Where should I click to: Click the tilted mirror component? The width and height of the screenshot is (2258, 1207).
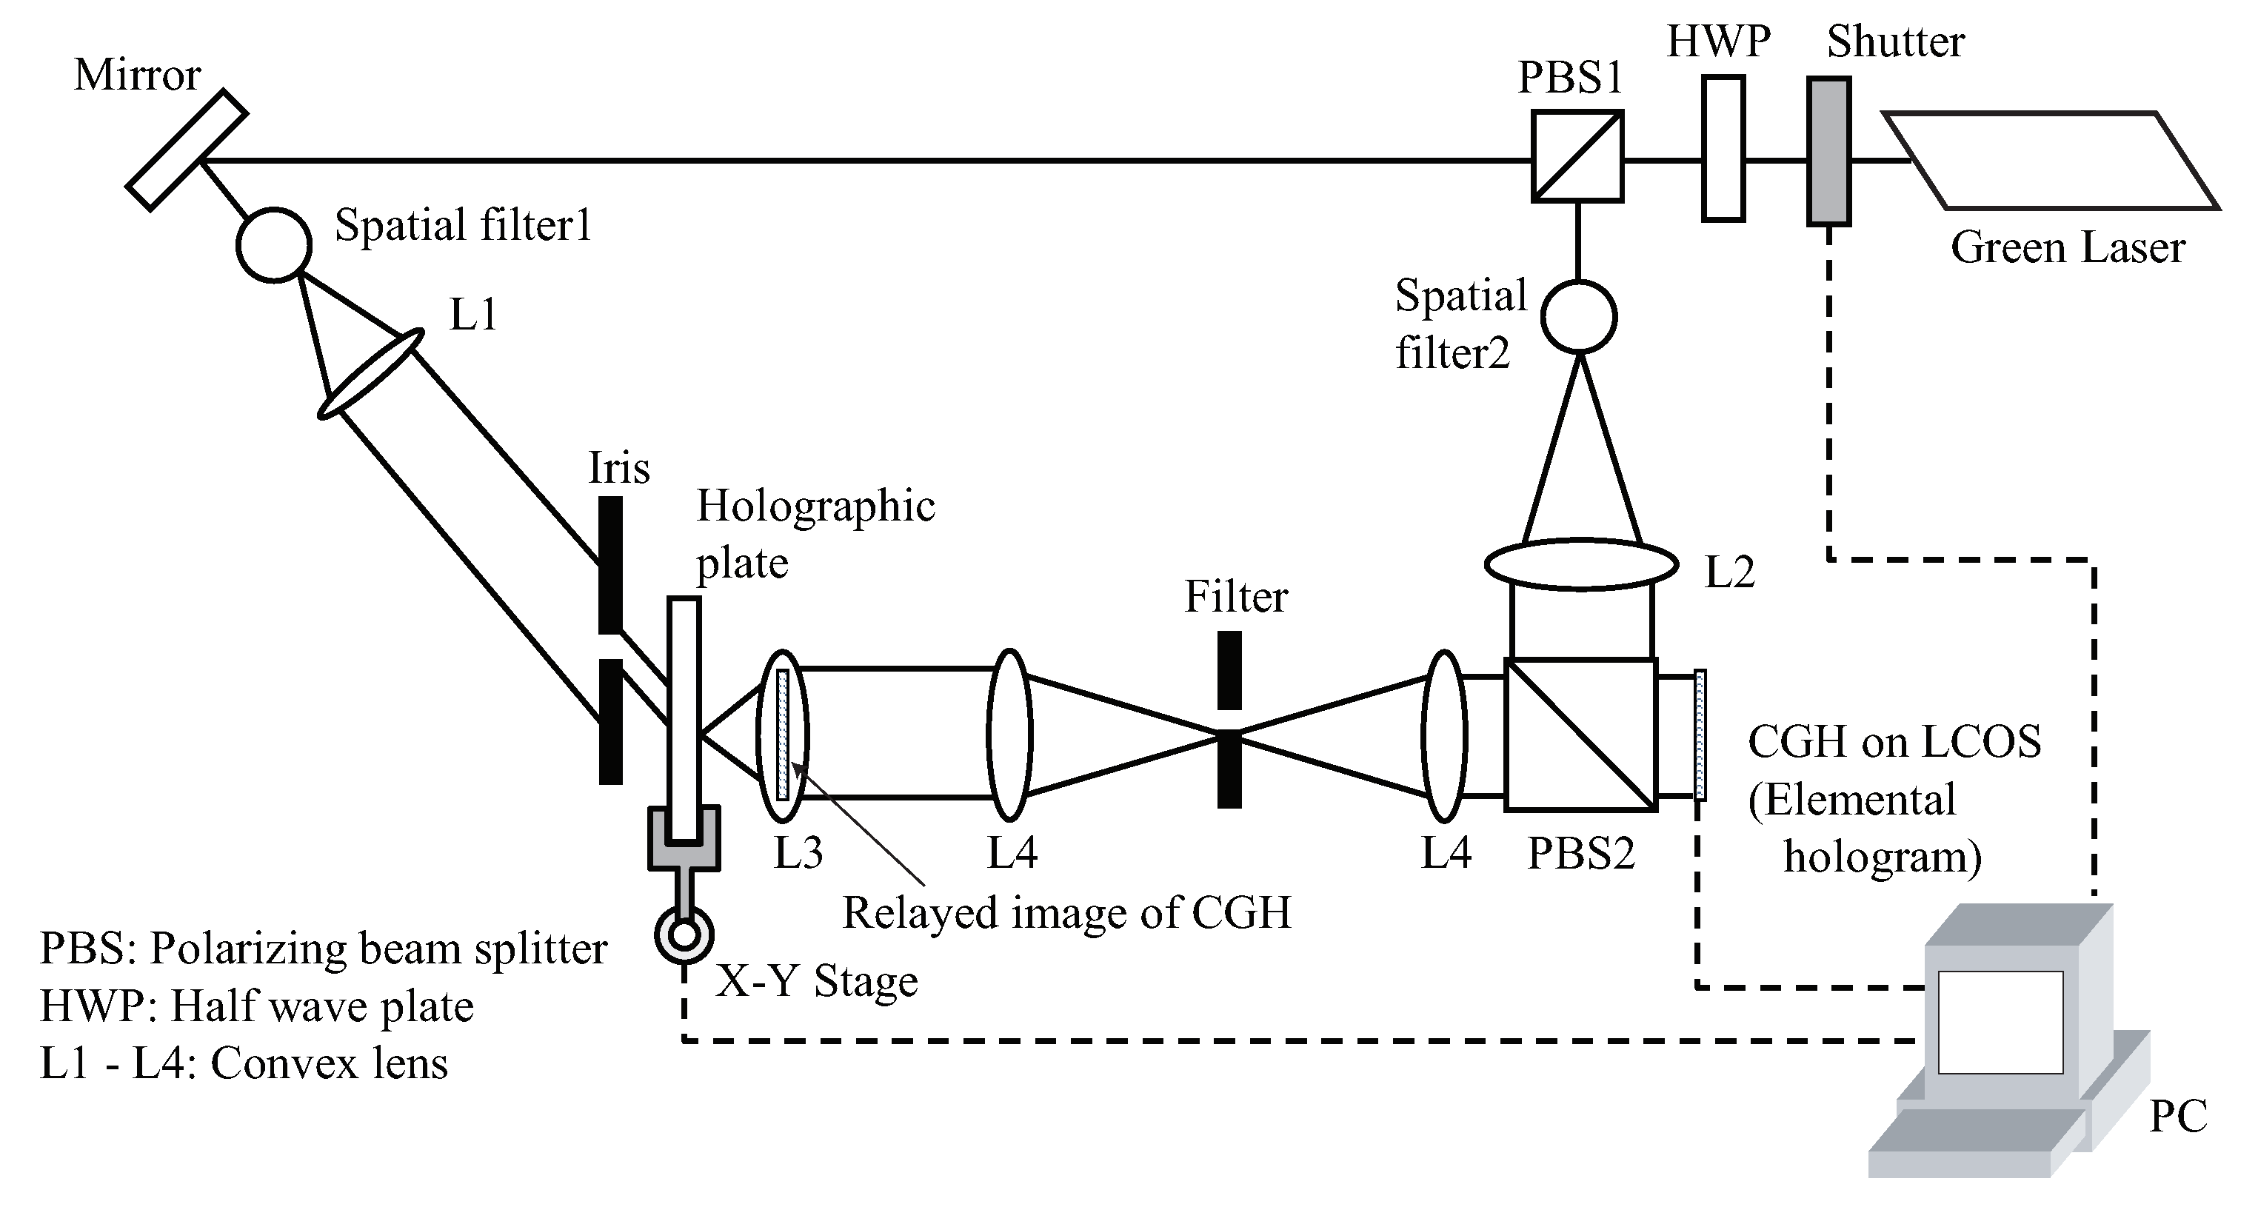click(187, 150)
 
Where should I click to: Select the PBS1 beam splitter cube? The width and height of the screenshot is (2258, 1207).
click(1577, 156)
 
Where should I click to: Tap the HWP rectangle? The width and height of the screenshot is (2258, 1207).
click(1723, 148)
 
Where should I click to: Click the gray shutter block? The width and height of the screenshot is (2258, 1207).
click(1828, 152)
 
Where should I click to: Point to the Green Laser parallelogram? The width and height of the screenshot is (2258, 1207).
click(2051, 161)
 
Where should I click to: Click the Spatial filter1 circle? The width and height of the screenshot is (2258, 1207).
click(273, 244)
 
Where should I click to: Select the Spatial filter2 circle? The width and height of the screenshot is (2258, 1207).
click(1579, 316)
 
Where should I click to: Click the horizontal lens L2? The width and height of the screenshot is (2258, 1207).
click(1580, 564)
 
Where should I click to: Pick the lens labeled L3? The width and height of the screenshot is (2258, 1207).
click(783, 735)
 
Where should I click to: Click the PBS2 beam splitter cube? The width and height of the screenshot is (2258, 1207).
click(1580, 735)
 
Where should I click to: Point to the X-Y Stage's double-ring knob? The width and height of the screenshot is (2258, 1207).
click(684, 936)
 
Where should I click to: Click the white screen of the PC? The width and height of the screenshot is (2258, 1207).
click(2000, 1022)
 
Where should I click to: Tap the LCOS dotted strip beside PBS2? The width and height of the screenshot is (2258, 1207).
click(1700, 735)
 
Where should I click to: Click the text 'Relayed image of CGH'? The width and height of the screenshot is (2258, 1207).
click(1066, 913)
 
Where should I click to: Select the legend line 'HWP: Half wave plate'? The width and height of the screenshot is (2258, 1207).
click(256, 1006)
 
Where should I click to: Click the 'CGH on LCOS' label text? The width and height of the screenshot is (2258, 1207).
click(1894, 743)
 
